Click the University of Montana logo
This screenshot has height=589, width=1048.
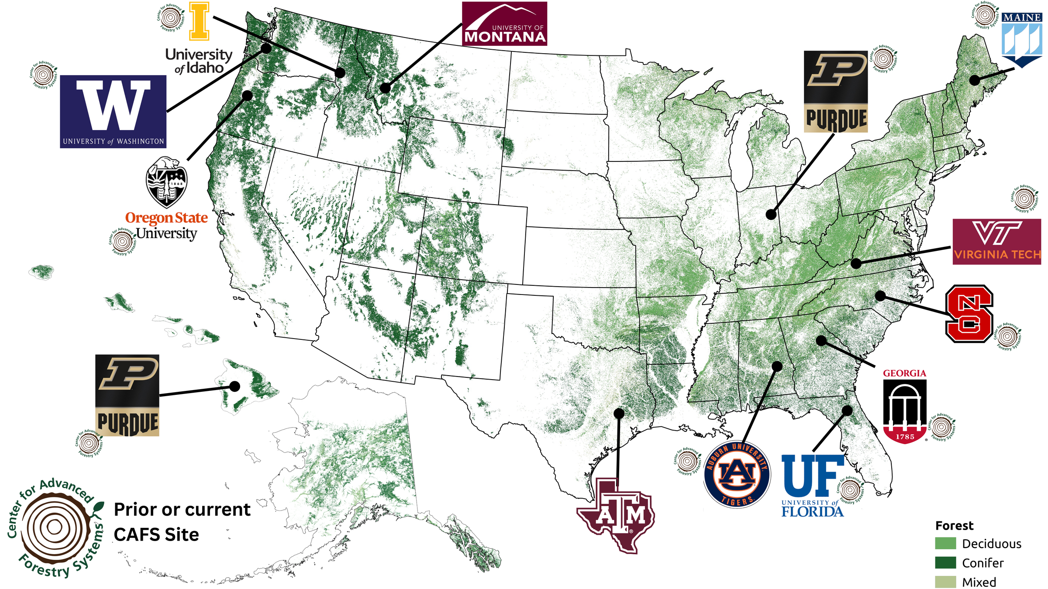[504, 24]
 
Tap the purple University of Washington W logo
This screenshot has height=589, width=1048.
[113, 111]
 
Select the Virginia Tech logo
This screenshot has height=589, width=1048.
[996, 242]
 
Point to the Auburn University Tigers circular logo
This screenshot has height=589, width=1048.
[737, 474]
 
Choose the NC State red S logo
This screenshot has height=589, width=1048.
[969, 313]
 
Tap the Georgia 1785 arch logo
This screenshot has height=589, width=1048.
[904, 410]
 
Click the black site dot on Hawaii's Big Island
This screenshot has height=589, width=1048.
[234, 386]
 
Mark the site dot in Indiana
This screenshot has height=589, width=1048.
[771, 215]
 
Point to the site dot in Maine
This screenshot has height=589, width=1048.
[974, 80]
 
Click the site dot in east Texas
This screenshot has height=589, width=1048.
[619, 413]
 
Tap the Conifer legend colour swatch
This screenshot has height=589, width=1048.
[945, 563]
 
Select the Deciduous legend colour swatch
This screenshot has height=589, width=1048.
[945, 543]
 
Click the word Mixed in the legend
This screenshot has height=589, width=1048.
[979, 582]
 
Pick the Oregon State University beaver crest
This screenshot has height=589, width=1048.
[166, 182]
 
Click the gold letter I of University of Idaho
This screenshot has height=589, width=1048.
[199, 21]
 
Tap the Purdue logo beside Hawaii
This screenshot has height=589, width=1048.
[127, 395]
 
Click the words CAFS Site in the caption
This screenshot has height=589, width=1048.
[156, 534]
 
